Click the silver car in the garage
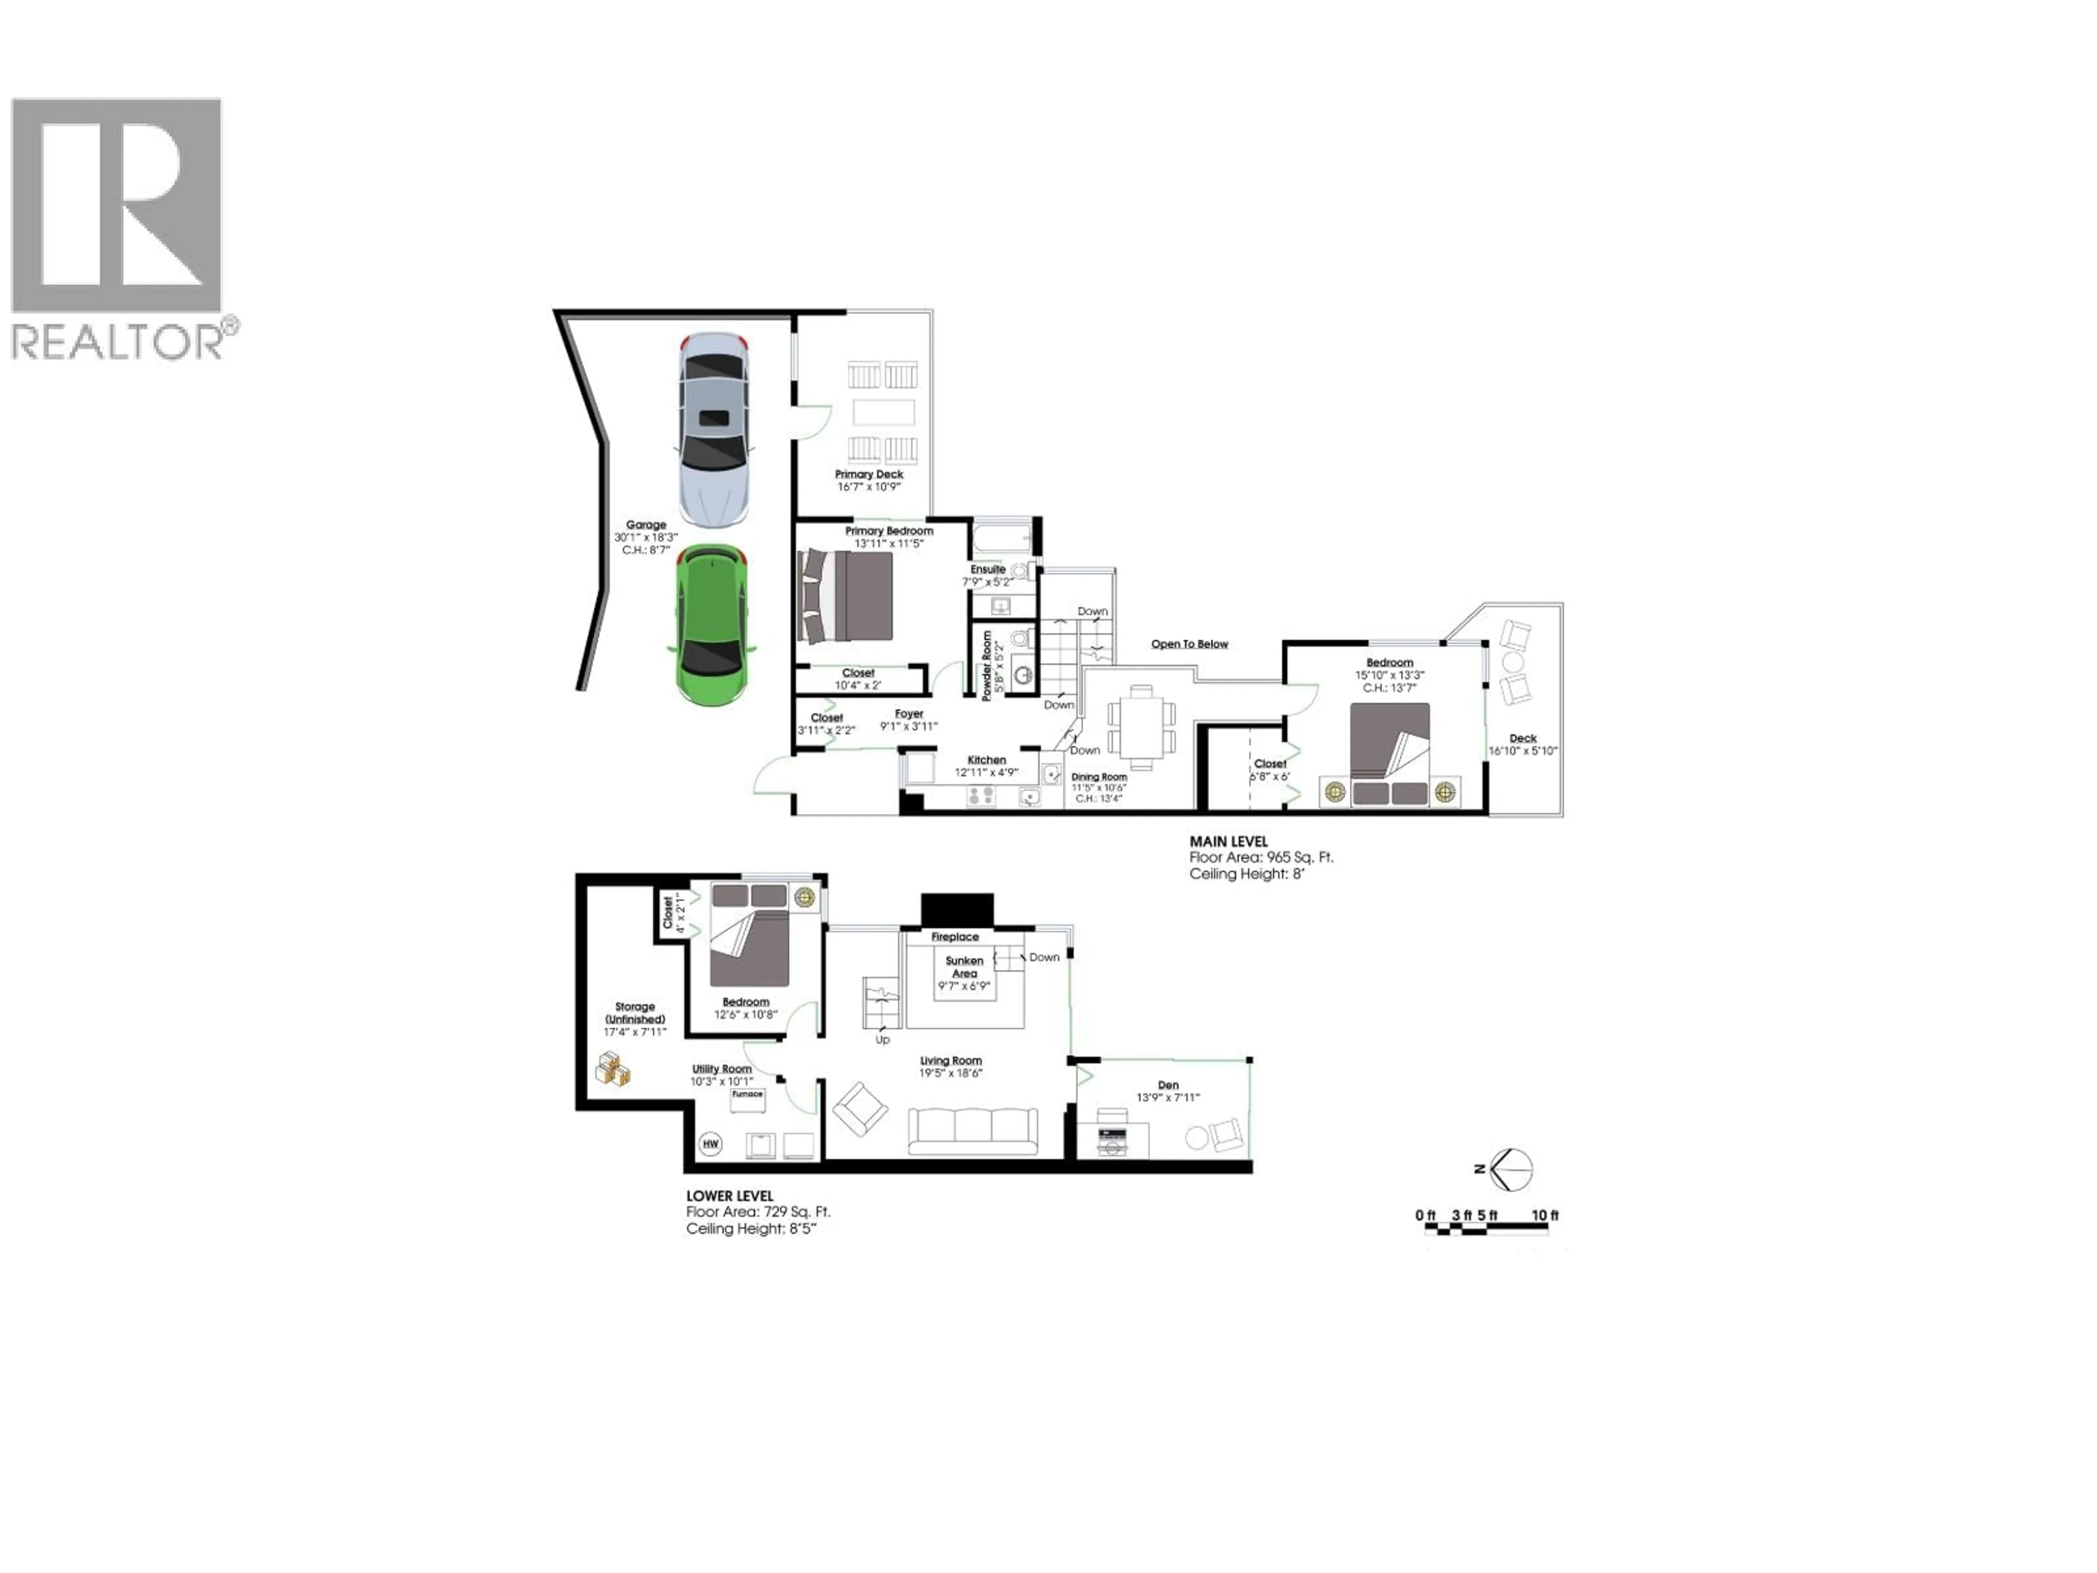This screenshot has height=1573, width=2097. (x=714, y=429)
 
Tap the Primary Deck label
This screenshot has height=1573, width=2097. (x=868, y=474)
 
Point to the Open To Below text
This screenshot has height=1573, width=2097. (x=1189, y=644)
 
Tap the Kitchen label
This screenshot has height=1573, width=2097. (x=986, y=760)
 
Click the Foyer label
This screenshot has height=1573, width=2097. (x=908, y=714)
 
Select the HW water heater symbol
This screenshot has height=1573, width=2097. (x=710, y=1144)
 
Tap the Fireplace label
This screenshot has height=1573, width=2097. (x=955, y=937)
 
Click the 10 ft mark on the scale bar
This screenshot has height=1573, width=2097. (x=1544, y=1216)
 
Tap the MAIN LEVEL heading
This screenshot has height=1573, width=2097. (x=1228, y=841)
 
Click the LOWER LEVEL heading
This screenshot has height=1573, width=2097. (x=729, y=1197)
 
